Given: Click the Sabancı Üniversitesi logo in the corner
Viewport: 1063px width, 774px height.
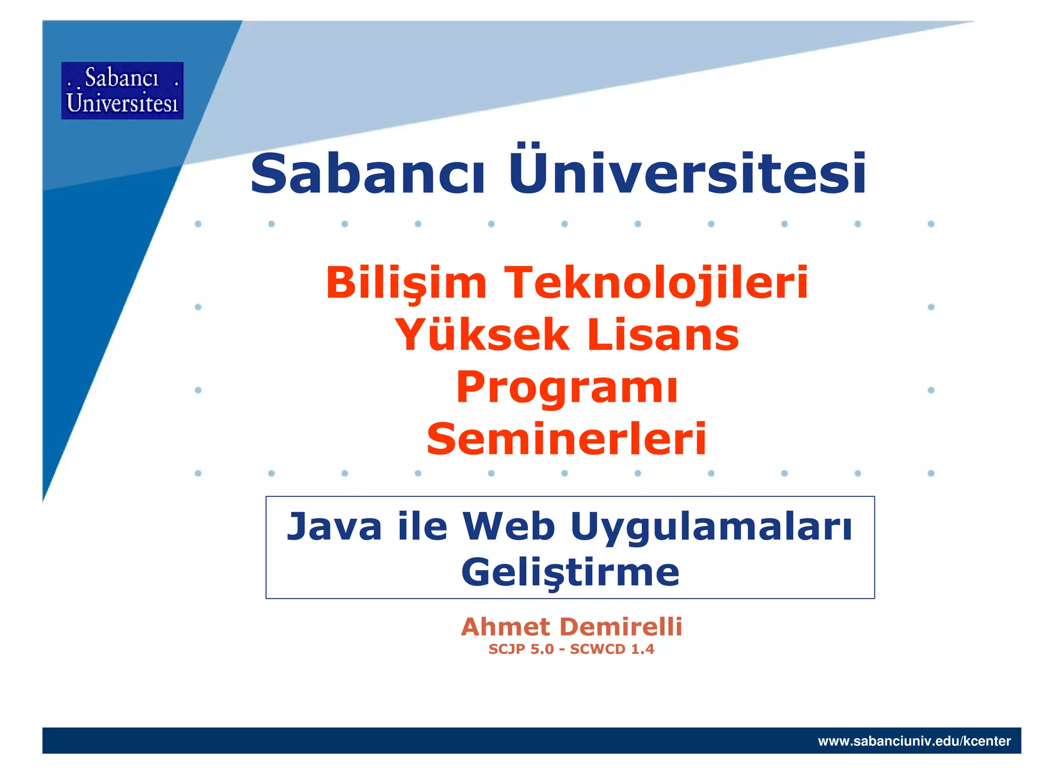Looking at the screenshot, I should [x=122, y=91].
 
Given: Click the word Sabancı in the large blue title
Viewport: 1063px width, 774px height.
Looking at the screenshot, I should [x=367, y=174].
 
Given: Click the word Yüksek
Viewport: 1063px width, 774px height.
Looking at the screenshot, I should [x=482, y=335].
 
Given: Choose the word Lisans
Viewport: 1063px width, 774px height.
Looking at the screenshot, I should [x=663, y=335].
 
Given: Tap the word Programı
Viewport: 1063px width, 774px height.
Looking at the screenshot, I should [x=567, y=388].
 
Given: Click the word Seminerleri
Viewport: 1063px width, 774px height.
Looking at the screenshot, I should [x=567, y=439].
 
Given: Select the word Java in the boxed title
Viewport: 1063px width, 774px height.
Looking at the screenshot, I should [x=334, y=527].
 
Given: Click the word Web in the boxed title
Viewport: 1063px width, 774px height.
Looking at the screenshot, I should [x=509, y=527].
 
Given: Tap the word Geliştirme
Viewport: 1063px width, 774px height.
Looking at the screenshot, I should [x=570, y=573].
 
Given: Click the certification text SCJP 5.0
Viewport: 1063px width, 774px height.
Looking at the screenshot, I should [x=521, y=649].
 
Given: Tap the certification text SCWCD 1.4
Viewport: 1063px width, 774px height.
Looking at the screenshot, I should [x=612, y=649].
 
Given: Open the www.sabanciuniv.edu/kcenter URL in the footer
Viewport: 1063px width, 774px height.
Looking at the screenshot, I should [x=914, y=741].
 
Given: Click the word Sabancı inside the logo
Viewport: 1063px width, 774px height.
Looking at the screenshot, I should [x=121, y=78].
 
